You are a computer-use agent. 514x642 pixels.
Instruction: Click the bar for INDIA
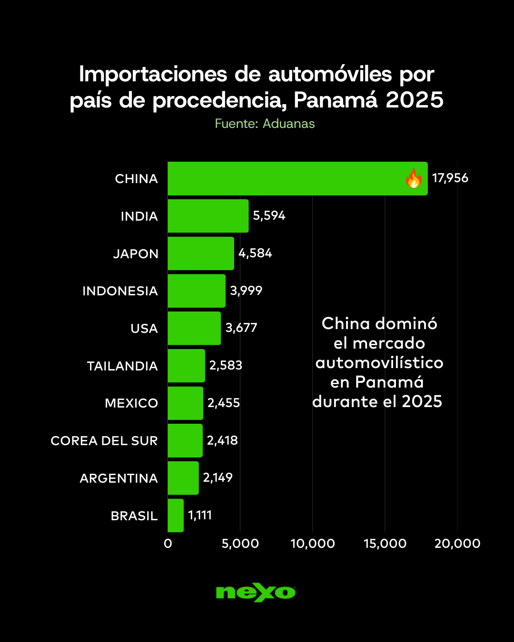pyautogui.click(x=208, y=216)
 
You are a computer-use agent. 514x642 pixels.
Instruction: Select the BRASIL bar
pyautogui.click(x=176, y=516)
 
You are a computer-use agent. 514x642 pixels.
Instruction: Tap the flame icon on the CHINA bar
pyautogui.click(x=414, y=178)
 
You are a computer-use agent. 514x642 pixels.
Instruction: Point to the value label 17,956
pyautogui.click(x=450, y=178)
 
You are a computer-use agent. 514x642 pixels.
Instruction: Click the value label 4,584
pyautogui.click(x=255, y=253)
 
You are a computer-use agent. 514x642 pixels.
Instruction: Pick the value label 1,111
pyautogui.click(x=200, y=515)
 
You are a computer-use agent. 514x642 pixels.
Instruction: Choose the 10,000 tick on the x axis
pyautogui.click(x=313, y=544)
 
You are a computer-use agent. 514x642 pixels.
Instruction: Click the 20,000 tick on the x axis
pyautogui.click(x=457, y=544)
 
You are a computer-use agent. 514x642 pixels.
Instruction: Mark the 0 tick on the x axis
pyautogui.click(x=168, y=544)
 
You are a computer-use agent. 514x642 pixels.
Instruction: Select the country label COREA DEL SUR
pyautogui.click(x=104, y=441)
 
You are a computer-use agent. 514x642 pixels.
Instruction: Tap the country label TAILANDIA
pyautogui.click(x=122, y=366)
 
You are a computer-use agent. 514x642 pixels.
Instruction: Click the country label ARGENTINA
pyautogui.click(x=119, y=478)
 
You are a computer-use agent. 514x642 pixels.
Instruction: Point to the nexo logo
pyautogui.click(x=256, y=593)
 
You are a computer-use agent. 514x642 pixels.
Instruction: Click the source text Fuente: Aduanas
pyautogui.click(x=265, y=124)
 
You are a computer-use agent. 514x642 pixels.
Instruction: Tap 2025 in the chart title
pyautogui.click(x=415, y=100)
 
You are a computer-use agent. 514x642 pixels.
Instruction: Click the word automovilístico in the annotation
pyautogui.click(x=379, y=363)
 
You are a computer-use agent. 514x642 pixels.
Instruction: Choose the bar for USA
pyautogui.click(x=194, y=328)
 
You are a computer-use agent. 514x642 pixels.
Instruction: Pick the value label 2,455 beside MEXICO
pyautogui.click(x=224, y=403)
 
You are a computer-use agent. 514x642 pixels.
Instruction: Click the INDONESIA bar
pyautogui.click(x=197, y=291)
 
